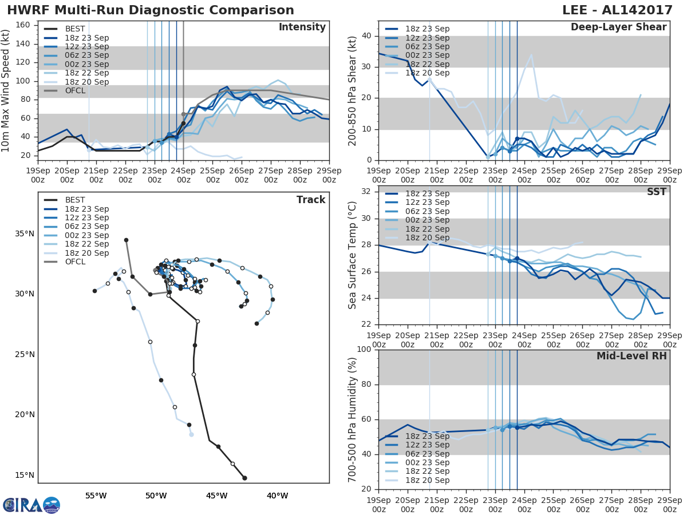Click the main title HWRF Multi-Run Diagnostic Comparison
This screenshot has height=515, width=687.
coord(151,10)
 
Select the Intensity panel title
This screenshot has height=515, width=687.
coord(302,27)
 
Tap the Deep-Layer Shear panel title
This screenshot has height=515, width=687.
coord(618,27)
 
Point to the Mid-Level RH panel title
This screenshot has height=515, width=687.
coord(631,356)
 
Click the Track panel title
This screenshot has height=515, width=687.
coord(311,200)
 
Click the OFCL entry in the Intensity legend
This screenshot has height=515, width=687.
coord(75,90)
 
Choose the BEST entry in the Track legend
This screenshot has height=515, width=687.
coord(75,200)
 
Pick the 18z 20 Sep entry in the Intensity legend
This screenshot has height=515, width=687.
coord(86,82)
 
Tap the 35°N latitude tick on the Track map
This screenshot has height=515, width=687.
coord(24,233)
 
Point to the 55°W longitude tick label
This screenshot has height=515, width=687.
coord(96,496)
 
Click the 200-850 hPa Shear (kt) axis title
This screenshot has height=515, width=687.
coord(353,91)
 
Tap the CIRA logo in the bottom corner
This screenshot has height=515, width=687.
coord(31,505)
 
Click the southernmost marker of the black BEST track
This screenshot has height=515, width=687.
coord(244,478)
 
